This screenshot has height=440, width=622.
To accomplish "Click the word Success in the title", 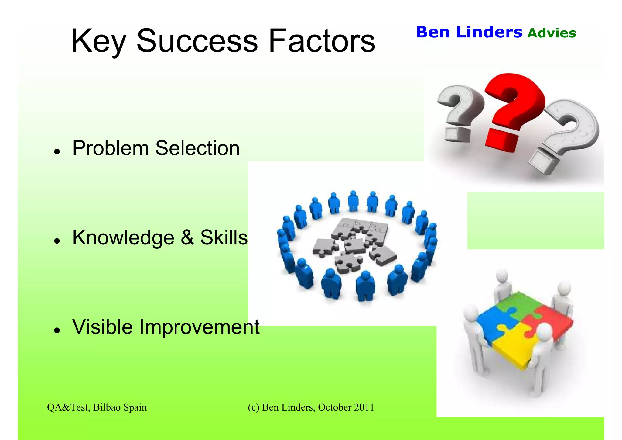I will point(197,41).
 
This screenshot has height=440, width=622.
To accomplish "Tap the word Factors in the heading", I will point(322,41).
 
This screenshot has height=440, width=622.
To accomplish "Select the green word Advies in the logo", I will point(552,33).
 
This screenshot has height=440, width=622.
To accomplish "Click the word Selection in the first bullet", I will point(197,148).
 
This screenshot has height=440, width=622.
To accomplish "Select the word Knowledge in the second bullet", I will point(123,238).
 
